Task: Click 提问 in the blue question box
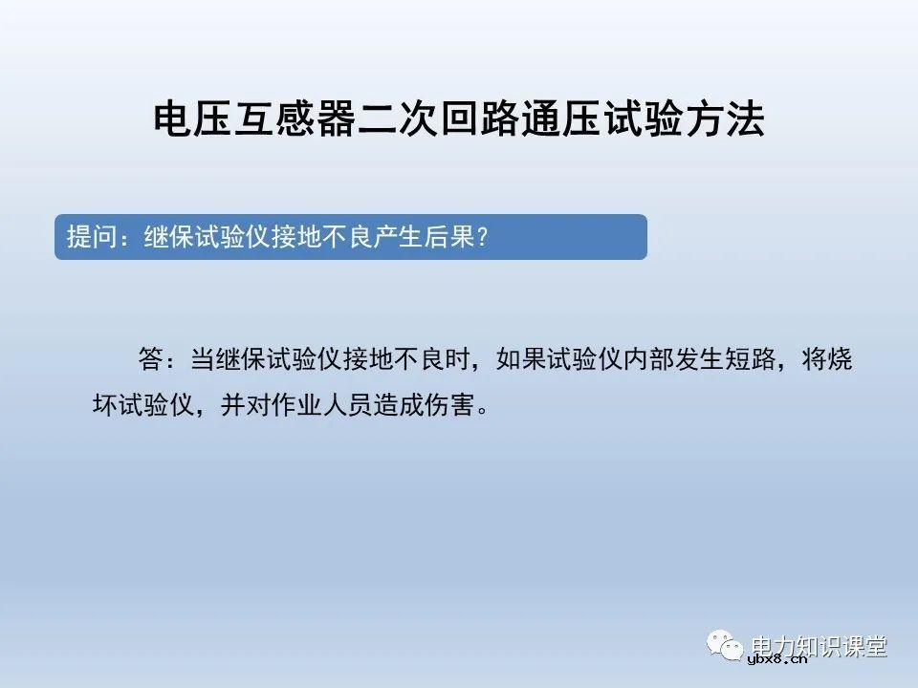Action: (x=91, y=236)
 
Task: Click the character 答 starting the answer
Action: (x=150, y=361)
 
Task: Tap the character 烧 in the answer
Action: (x=839, y=361)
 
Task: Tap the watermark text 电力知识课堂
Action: (x=820, y=645)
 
